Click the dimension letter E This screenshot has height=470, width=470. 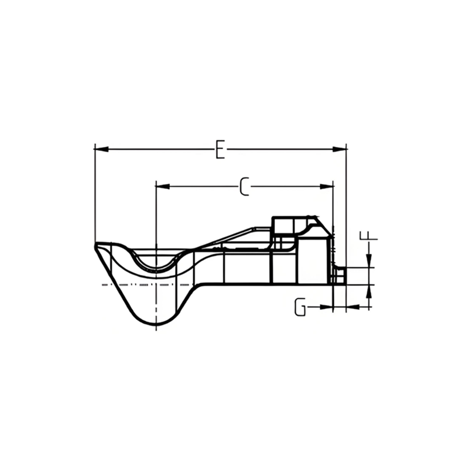tap(220, 149)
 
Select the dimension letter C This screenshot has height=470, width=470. tap(244, 186)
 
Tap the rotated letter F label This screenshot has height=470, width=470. tap(369, 236)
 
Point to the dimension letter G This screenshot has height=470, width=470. tap(300, 307)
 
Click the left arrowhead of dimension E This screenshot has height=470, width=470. tap(101, 149)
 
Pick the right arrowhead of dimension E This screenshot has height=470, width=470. tap(340, 149)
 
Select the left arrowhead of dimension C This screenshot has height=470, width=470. tap(163, 186)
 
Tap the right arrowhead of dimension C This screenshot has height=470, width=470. tap(327, 186)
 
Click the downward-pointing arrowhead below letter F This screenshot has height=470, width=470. tap(369, 260)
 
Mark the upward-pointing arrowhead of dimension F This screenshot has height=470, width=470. tap(369, 291)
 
